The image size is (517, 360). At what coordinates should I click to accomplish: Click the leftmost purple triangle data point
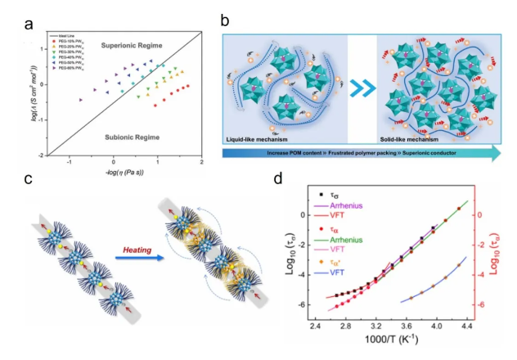(x=80, y=99)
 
